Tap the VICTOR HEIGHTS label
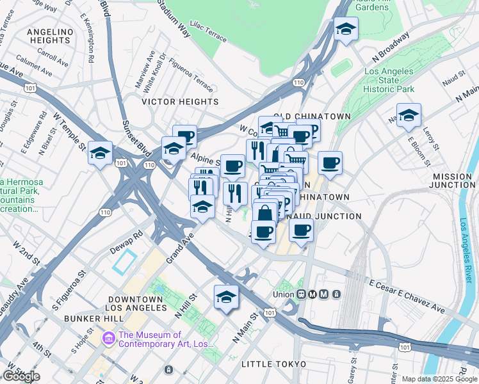[x=180, y=102]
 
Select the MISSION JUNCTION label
[x=453, y=180]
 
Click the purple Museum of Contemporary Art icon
[x=108, y=337]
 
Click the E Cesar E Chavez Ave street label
[x=406, y=295]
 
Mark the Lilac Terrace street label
[x=207, y=33]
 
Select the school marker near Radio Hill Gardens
[x=346, y=29]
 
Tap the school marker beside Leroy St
[x=408, y=116]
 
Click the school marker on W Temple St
[x=100, y=154]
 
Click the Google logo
[x=21, y=376]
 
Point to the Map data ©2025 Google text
[x=439, y=379]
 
